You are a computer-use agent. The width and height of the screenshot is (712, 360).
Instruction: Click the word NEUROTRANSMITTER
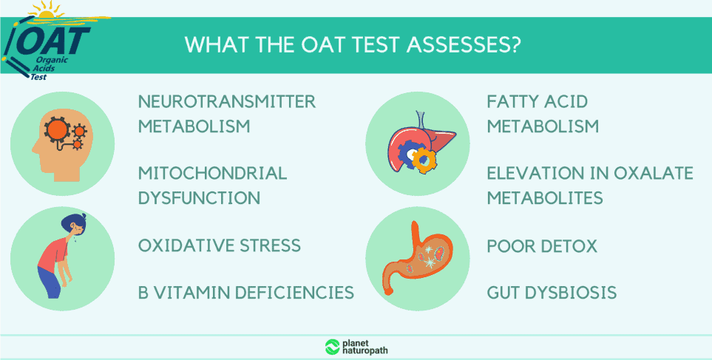click(x=227, y=102)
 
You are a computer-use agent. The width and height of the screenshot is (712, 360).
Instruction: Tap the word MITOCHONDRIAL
click(x=212, y=174)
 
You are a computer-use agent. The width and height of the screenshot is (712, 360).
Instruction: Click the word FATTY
click(x=515, y=102)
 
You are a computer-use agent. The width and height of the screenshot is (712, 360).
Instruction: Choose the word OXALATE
click(x=654, y=174)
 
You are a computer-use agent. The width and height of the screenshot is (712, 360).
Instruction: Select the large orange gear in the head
click(x=57, y=130)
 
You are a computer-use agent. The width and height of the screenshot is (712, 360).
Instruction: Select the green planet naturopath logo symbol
click(x=333, y=347)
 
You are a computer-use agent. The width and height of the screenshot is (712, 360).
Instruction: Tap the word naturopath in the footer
click(x=365, y=351)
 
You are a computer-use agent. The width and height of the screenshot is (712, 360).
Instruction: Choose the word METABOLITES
click(x=545, y=198)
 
